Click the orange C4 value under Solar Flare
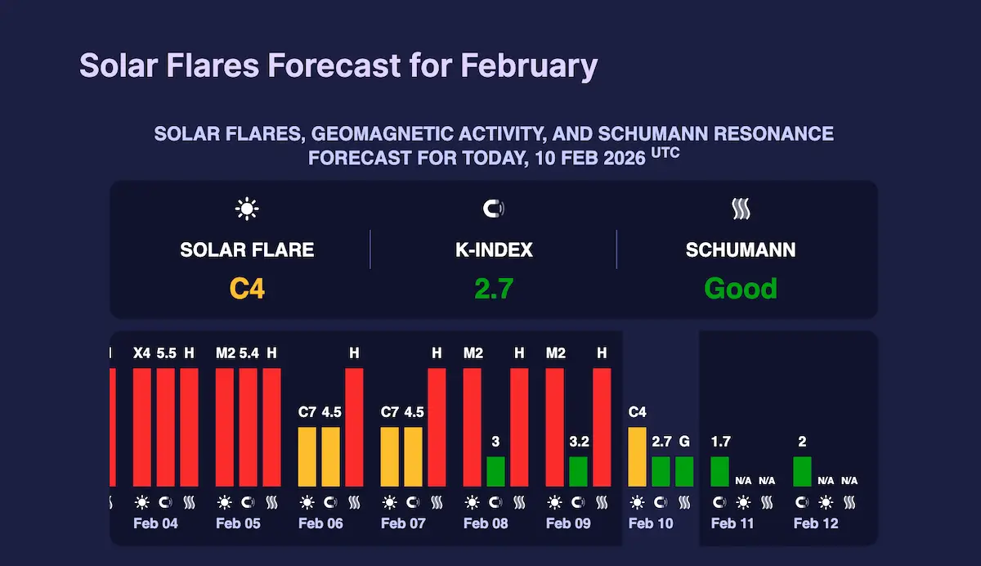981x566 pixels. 246,288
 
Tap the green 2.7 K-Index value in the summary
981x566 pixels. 493,288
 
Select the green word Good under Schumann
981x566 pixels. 741,288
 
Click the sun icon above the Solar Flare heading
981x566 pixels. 246,209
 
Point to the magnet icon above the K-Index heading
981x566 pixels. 493,209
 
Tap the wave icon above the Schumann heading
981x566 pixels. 741,209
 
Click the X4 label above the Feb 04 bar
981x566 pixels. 142,353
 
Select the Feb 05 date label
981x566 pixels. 238,523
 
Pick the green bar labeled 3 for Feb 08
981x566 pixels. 495,471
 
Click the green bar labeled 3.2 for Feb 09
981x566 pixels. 578,471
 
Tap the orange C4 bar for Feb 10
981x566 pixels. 637,456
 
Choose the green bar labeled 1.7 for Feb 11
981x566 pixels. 719,471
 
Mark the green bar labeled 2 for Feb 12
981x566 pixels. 802,471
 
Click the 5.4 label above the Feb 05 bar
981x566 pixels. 249,353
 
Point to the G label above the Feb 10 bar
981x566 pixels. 684,442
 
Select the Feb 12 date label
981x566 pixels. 816,523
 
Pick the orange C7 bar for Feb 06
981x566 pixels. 307,456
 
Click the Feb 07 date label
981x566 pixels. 403,523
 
